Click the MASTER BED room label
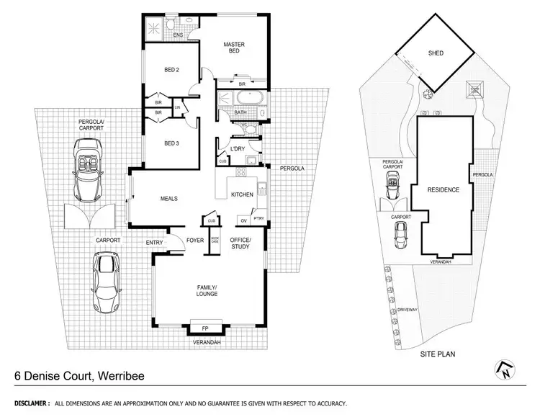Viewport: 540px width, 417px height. [234, 49]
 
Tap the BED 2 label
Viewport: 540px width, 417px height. [171, 70]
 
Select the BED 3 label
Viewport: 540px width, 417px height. [171, 144]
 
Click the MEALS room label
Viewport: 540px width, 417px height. [168, 199]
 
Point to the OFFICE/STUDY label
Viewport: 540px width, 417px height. [239, 243]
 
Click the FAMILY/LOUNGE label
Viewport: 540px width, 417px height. [207, 290]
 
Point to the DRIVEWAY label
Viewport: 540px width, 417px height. [408, 312]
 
